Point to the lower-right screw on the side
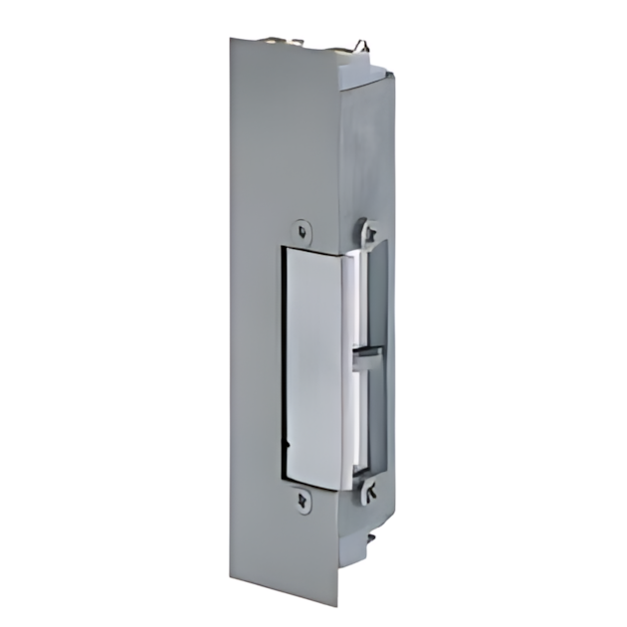(370, 489)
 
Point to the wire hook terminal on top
(360, 46)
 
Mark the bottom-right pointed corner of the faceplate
(339, 581)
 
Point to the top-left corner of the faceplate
(231, 40)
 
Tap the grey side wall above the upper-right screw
(368, 149)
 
